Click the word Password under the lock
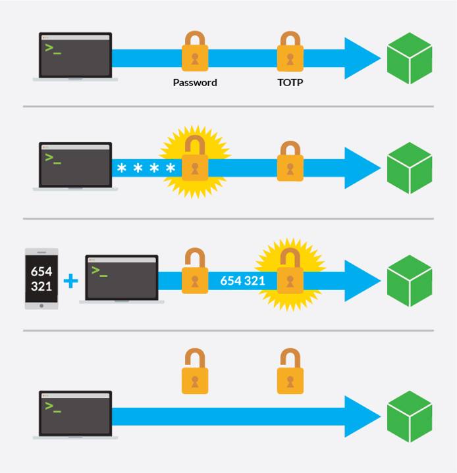click(x=195, y=83)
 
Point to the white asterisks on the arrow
click(x=146, y=169)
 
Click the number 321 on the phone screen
click(x=41, y=287)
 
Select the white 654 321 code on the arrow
click(x=242, y=281)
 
